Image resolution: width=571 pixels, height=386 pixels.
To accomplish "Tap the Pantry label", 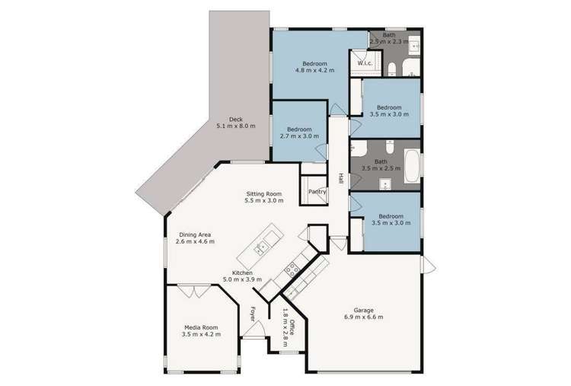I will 317,192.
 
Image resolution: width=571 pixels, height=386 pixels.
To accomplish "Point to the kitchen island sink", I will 261,246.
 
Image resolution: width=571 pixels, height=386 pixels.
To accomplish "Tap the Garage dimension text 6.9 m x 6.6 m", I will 363,316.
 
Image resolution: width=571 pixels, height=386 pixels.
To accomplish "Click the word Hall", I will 340,178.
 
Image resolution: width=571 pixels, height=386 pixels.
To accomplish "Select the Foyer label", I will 253,313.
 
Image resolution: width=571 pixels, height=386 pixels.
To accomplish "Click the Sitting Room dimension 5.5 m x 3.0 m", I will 264,201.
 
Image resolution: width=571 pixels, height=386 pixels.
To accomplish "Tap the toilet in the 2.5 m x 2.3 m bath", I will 391,71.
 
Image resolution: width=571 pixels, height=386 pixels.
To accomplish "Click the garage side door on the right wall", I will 428,266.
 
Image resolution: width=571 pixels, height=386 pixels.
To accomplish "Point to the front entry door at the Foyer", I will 259,329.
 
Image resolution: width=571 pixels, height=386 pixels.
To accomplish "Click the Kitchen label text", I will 242,273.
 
